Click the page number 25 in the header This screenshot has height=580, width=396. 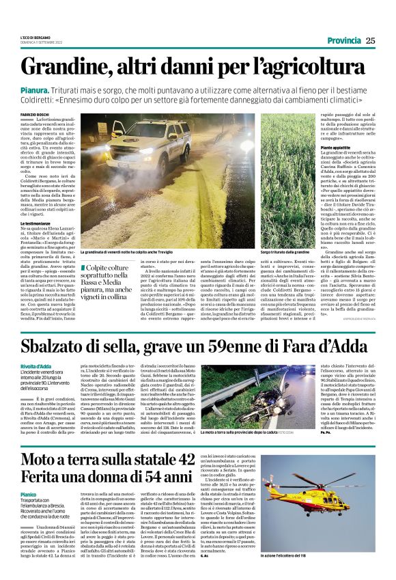[371, 40]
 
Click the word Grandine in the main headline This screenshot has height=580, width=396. [74, 67]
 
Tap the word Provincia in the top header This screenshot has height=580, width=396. [339, 40]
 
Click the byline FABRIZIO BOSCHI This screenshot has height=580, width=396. [35, 114]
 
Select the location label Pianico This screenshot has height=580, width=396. [28, 493]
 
